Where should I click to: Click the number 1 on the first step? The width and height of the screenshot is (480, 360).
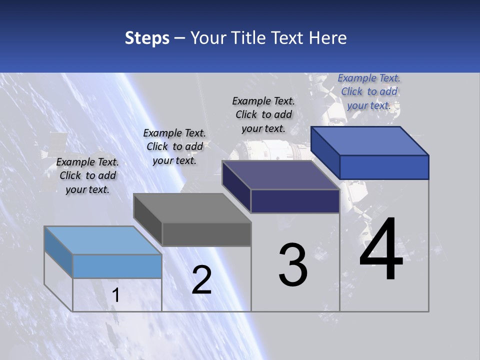116,295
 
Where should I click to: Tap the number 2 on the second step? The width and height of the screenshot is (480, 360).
201,280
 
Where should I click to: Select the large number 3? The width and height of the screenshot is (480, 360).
293,265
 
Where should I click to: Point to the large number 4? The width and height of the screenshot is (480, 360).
381,249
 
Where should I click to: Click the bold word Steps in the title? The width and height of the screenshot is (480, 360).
147,38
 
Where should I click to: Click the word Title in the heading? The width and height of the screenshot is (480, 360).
248,38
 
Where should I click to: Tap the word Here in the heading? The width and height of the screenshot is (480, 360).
328,38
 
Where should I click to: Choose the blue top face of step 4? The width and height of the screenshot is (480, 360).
370,141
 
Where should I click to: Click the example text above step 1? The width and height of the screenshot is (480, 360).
87,175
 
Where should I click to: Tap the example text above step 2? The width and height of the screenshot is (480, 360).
174,146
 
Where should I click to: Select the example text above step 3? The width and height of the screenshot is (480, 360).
263,114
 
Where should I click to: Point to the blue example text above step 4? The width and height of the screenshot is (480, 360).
369,91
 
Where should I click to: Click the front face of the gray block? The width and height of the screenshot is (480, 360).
206,234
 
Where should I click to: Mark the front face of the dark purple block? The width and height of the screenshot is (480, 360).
295,201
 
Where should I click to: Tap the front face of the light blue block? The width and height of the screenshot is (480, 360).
117,266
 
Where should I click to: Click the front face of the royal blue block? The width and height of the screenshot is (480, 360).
384,167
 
